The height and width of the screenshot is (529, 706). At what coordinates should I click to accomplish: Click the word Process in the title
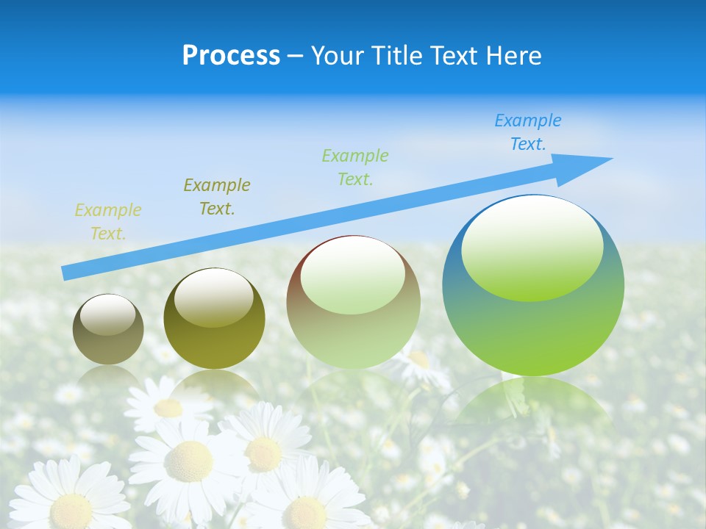pos(231,56)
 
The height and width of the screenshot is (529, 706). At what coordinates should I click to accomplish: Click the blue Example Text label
pos(528,132)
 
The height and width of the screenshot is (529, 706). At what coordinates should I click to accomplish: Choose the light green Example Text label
pos(355,167)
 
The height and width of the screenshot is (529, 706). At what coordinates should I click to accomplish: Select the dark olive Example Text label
pos(217,196)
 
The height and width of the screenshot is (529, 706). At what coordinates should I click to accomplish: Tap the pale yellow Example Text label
pos(108,222)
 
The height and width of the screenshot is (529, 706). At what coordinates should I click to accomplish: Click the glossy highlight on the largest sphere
pos(532,248)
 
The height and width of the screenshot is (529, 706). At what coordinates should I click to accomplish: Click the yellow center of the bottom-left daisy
pos(71,509)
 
